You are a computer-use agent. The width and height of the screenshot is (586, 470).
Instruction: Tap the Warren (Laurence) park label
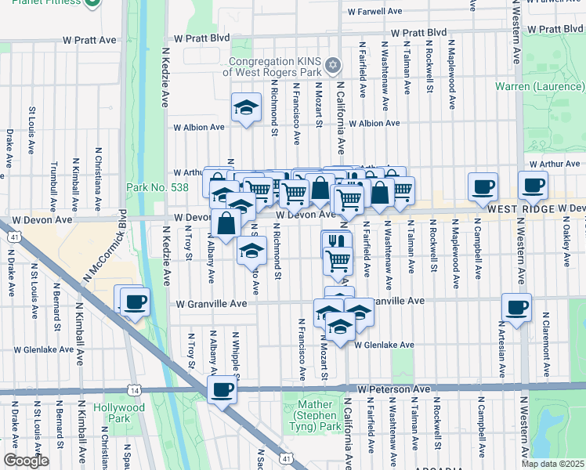(540, 85)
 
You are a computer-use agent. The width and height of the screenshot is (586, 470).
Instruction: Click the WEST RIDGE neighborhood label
(519, 209)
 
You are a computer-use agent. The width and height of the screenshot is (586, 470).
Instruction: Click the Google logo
(26, 461)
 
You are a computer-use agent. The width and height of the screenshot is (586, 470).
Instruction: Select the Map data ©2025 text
(552, 464)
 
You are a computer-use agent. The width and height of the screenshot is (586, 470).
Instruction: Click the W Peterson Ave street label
(395, 389)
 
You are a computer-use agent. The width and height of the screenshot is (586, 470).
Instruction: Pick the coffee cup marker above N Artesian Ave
(516, 307)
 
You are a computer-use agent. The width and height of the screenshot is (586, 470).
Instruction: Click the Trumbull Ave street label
(53, 181)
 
